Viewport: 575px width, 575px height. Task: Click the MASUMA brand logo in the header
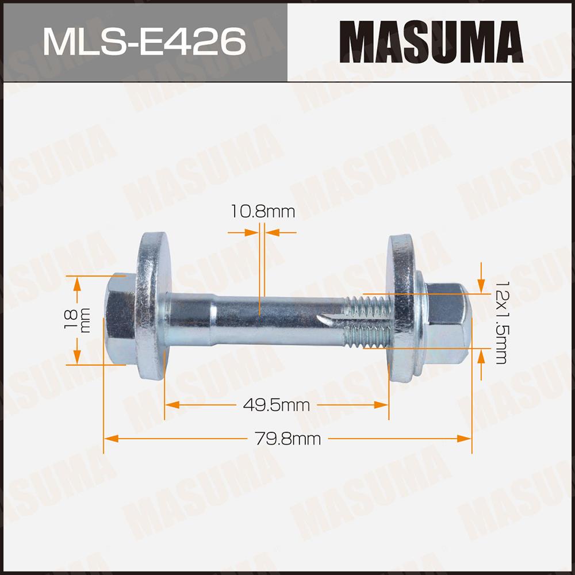(x=431, y=42)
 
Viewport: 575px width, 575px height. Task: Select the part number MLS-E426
(x=144, y=42)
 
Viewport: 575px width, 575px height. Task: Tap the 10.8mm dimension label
(x=263, y=212)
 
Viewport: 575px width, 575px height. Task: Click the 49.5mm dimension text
(x=277, y=405)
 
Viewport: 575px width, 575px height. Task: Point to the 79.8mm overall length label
(x=287, y=439)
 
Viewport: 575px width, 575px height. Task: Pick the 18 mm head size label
(x=76, y=320)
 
